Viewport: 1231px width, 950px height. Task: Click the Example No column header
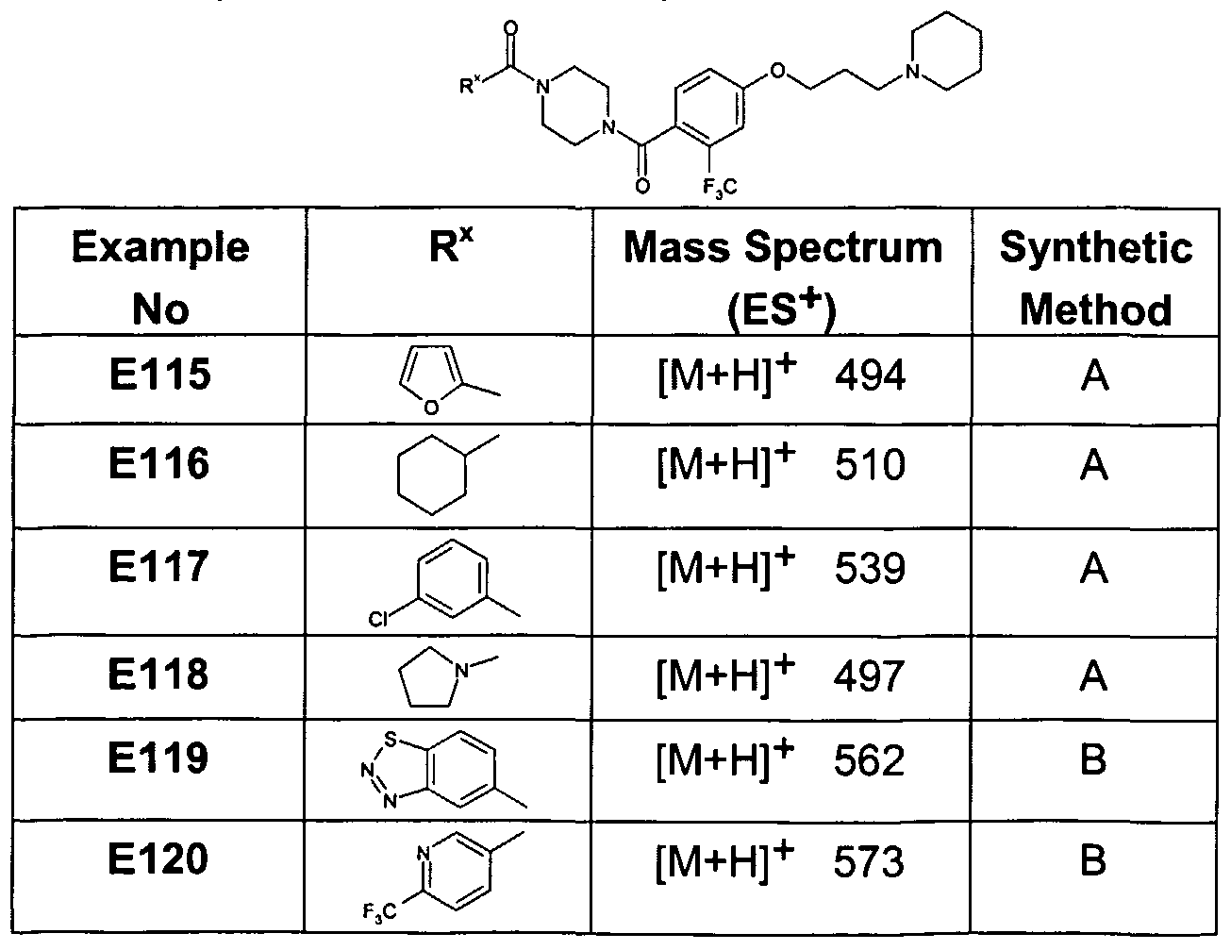tap(160, 277)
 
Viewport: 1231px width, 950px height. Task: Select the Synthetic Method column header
tap(1095, 277)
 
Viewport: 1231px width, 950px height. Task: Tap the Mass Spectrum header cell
tap(783, 277)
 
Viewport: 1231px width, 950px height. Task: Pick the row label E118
tap(158, 675)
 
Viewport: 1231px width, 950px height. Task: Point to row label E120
tap(158, 858)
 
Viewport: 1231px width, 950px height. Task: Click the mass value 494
tap(870, 375)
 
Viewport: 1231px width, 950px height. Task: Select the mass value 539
tap(870, 568)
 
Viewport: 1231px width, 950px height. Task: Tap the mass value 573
tap(869, 861)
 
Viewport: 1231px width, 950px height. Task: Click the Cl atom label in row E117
tap(378, 619)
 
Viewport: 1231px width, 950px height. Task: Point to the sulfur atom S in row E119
tap(390, 740)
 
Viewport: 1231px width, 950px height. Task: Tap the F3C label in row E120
tap(379, 912)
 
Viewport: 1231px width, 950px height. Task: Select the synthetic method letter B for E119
tap(1093, 759)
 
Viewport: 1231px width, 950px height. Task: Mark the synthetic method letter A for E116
tap(1094, 465)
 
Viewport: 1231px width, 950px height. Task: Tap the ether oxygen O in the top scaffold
tap(778, 71)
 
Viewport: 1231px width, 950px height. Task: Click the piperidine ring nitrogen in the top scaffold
tap(912, 72)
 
